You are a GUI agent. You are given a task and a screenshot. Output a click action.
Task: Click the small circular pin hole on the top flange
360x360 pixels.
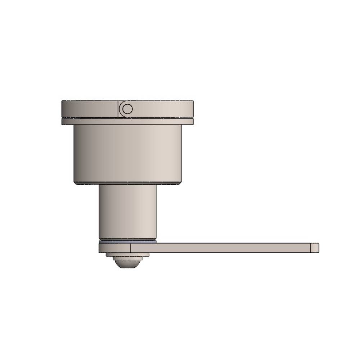[x=127, y=109]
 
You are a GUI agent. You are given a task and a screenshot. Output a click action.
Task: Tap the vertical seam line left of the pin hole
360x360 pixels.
[x=118, y=109]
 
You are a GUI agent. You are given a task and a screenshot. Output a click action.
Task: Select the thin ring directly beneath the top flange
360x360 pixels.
[x=127, y=122]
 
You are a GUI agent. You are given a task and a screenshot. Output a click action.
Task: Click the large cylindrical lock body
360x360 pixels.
[x=127, y=153]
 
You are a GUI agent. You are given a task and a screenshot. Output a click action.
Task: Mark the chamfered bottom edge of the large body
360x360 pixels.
[x=127, y=183]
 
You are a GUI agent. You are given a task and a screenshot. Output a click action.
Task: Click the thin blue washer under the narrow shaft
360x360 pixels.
[x=127, y=242]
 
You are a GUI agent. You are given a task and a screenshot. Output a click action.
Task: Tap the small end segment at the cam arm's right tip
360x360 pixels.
[x=315, y=248]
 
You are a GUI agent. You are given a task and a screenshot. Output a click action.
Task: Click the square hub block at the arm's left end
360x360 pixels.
[x=114, y=248]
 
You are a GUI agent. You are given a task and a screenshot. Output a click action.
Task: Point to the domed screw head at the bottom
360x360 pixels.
[x=127, y=263]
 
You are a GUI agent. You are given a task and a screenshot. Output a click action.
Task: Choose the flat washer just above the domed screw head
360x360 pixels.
[x=127, y=255]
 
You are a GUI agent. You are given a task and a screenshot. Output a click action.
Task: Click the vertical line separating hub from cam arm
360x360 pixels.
[x=130, y=248]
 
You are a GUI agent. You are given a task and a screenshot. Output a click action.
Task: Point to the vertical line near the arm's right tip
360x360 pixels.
[x=310, y=248]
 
